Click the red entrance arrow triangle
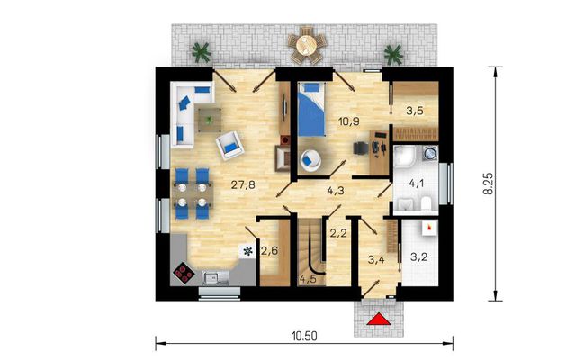tap(378, 320)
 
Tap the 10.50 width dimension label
tap(304, 336)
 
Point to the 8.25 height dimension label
tap(489, 184)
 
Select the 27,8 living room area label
tap(243, 184)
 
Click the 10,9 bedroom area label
tap(349, 121)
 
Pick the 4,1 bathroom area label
tap(417, 183)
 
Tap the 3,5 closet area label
tap(415, 111)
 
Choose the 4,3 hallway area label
tap(336, 190)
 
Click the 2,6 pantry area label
tap(269, 251)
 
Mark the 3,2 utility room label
tap(418, 256)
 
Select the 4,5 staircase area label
tap(308, 279)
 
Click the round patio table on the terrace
tap(307, 45)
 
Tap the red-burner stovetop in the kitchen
tap(184, 274)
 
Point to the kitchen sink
tap(216, 278)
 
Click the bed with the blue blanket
tap(311, 110)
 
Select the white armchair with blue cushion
tap(230, 146)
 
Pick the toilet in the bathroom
tap(426, 204)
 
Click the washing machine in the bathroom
tap(429, 153)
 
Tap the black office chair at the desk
tap(361, 148)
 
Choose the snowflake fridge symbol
tap(248, 251)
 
